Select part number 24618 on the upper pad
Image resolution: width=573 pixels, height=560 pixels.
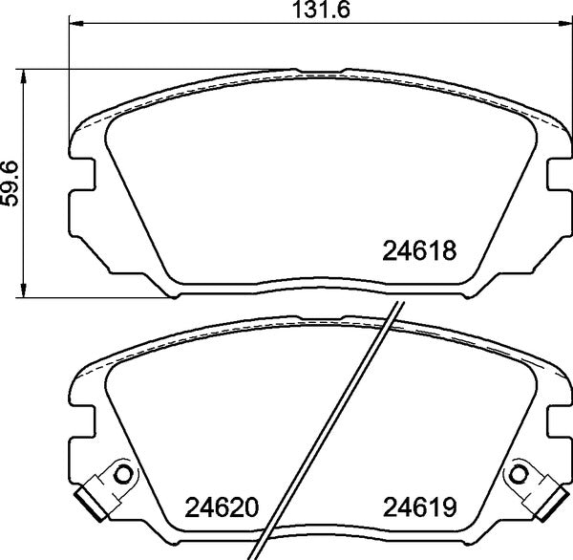coord(421,252)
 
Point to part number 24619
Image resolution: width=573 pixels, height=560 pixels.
coord(421,506)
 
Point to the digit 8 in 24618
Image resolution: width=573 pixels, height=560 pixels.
coord(455,252)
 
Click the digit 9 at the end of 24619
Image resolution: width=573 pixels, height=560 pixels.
coord(455,506)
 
